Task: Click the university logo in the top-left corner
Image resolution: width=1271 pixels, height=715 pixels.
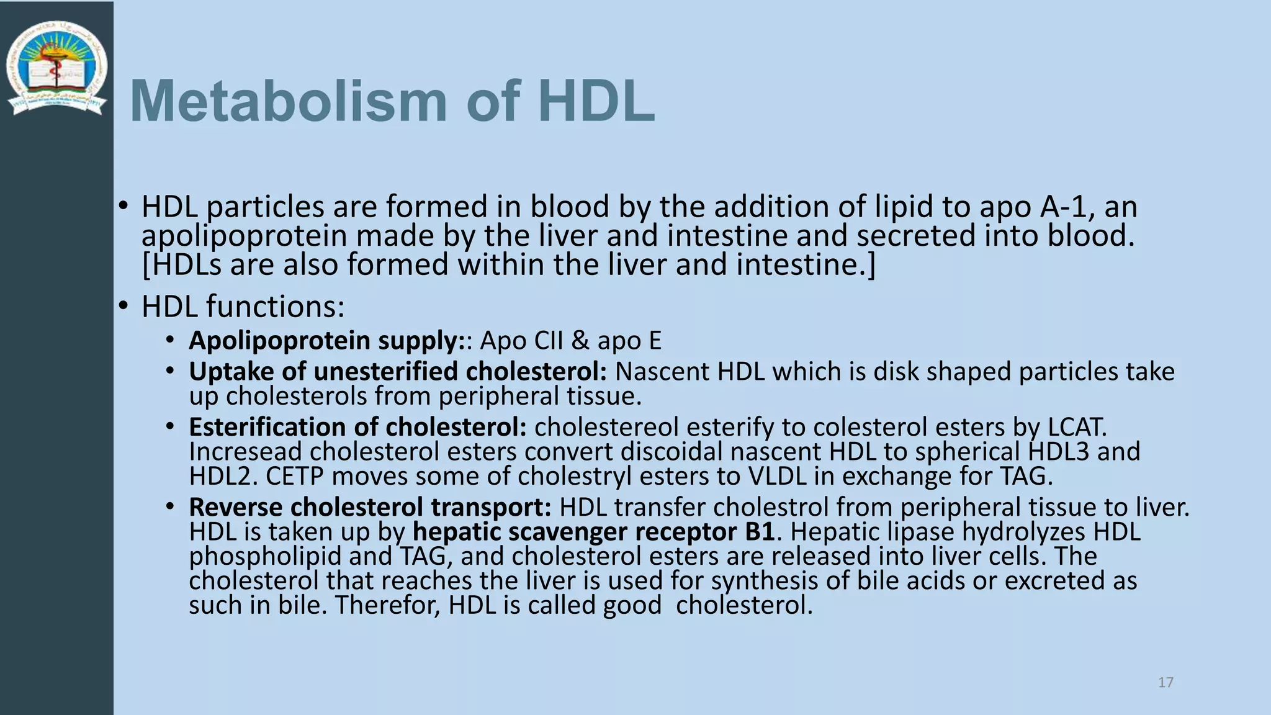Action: pos(56,68)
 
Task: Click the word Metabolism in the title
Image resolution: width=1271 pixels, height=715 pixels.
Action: pos(289,101)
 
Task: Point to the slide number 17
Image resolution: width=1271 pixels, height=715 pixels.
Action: pos(1165,683)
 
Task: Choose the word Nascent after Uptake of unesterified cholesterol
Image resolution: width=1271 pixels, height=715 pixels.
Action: pos(662,372)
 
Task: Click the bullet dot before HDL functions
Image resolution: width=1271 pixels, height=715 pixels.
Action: pos(124,306)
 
